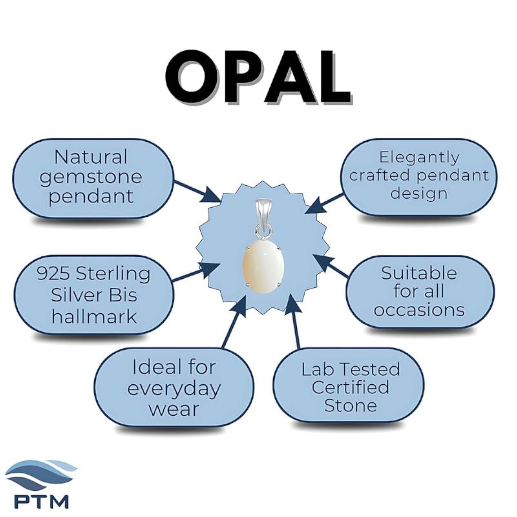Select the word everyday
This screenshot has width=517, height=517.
174,390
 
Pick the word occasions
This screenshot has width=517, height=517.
419,310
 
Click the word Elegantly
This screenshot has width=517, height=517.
419,158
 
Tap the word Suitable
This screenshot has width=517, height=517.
419,273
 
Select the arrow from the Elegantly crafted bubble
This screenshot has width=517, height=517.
325,203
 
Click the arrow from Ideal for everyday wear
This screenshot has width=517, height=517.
234,322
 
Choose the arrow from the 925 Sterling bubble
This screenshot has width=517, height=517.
196,271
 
